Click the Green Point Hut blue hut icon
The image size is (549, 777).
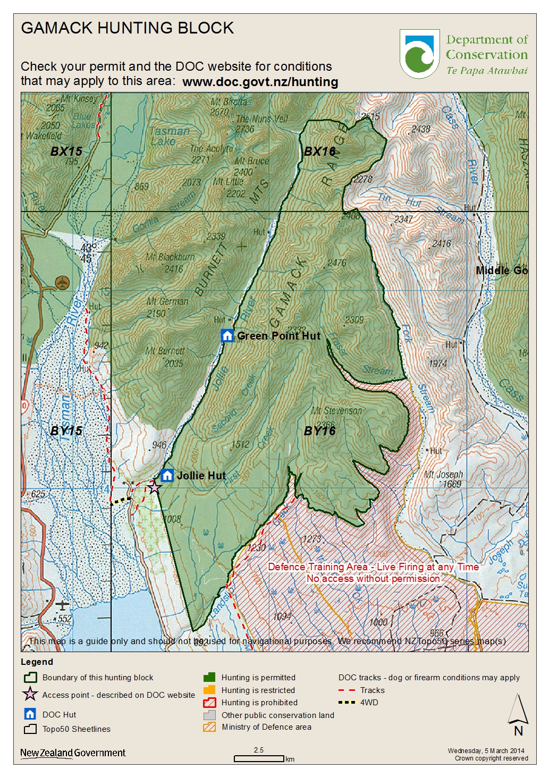coord(227,335)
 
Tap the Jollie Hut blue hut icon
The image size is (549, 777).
coord(167,475)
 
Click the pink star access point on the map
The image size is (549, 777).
coord(154,487)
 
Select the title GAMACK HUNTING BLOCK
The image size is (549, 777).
coord(127,28)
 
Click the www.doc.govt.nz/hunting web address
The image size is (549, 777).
coord(260,82)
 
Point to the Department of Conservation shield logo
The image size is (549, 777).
coord(419,54)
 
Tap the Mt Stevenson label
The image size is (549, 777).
coord(336,411)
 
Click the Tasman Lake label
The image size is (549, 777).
coord(168,136)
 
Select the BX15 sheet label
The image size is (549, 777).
coord(66,151)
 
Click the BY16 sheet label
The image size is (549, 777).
coord(319,431)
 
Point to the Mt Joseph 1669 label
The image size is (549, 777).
coord(444,479)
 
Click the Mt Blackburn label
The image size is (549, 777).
coord(170,257)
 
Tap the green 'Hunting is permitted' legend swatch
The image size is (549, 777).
coord(209,677)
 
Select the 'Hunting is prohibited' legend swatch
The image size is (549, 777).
coord(209,703)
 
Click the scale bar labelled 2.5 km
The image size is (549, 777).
coord(259,758)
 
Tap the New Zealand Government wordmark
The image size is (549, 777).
coord(73,753)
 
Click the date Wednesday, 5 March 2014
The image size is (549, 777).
coord(486,751)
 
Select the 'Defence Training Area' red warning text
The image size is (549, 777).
coord(373,567)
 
